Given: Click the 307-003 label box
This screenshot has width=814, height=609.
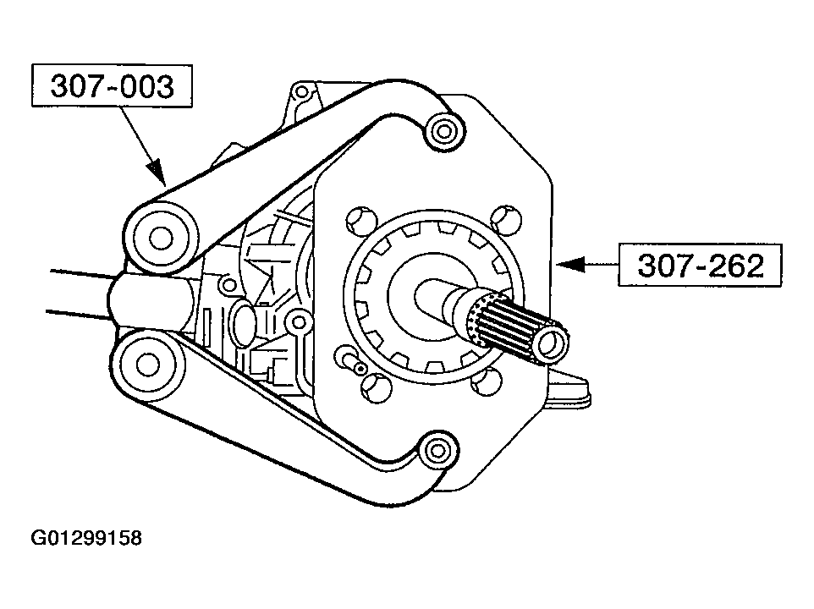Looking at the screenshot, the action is [x=112, y=85].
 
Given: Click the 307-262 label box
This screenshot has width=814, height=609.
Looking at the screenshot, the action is [x=699, y=265].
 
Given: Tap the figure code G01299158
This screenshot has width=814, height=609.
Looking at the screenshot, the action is [x=86, y=538].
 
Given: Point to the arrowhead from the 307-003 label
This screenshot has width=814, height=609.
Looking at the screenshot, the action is [x=157, y=171].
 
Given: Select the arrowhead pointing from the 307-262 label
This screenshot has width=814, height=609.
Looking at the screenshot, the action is [x=570, y=264].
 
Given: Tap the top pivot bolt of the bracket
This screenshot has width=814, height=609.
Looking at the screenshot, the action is [x=444, y=131].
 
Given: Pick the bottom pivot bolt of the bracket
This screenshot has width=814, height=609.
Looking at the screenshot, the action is [x=437, y=450].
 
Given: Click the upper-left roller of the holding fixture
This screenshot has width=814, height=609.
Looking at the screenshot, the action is [x=161, y=238].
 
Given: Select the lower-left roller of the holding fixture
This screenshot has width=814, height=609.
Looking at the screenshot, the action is [x=147, y=365].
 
